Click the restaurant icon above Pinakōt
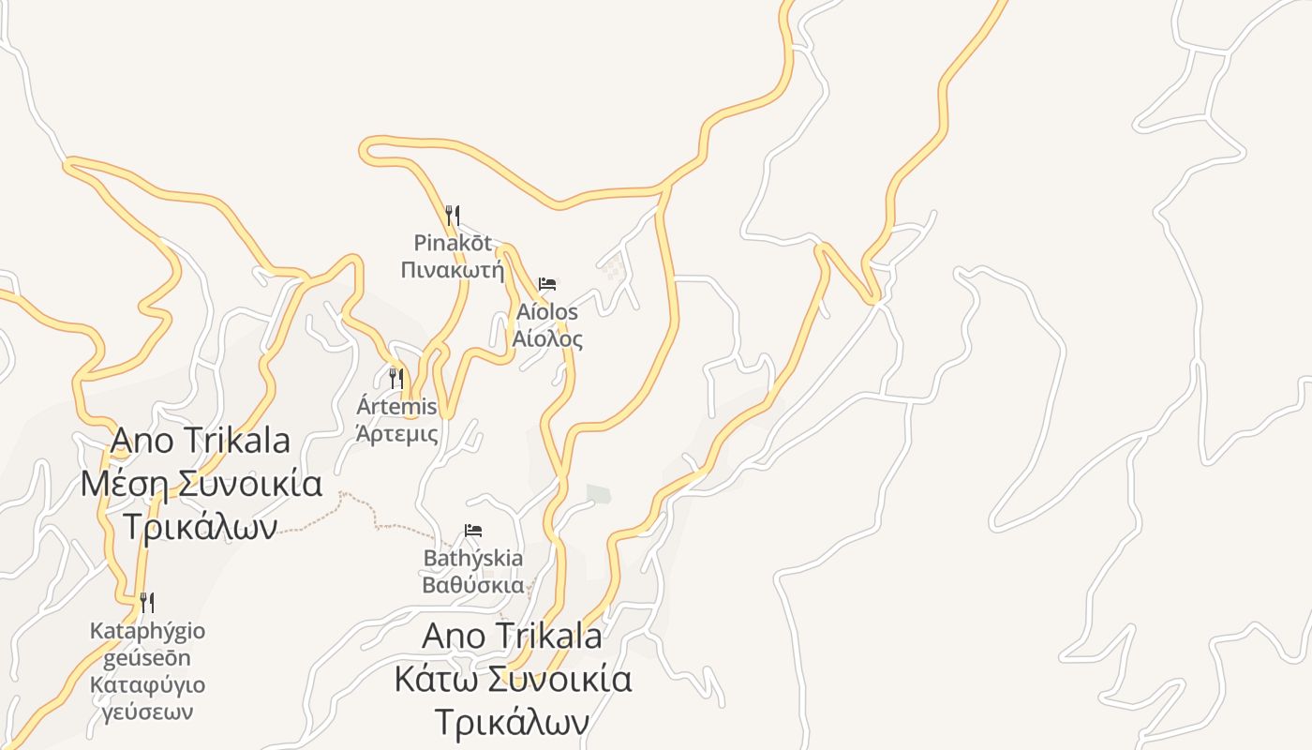(x=453, y=216)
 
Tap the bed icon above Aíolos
(x=547, y=284)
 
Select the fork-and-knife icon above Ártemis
(x=396, y=379)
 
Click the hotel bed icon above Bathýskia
(x=473, y=531)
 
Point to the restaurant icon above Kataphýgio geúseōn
(x=147, y=602)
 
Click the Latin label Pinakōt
(x=453, y=244)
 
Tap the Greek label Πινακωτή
(x=453, y=271)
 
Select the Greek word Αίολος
(x=547, y=339)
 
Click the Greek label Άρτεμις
(x=397, y=434)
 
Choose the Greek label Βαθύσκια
(x=473, y=586)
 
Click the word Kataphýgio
(x=147, y=631)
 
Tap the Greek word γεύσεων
(x=147, y=712)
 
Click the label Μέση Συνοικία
(x=201, y=485)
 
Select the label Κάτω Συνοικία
(x=513, y=679)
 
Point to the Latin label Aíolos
(x=547, y=311)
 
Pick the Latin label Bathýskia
(x=473, y=559)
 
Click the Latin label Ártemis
(x=397, y=407)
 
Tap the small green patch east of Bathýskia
(x=598, y=493)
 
